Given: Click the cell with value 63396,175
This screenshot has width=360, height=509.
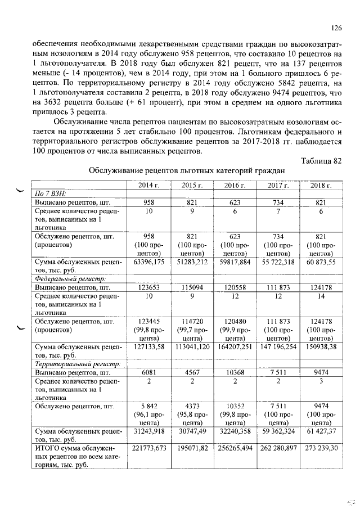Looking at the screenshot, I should point(149,262).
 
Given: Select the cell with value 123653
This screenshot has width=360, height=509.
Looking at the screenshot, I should point(149,287).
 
